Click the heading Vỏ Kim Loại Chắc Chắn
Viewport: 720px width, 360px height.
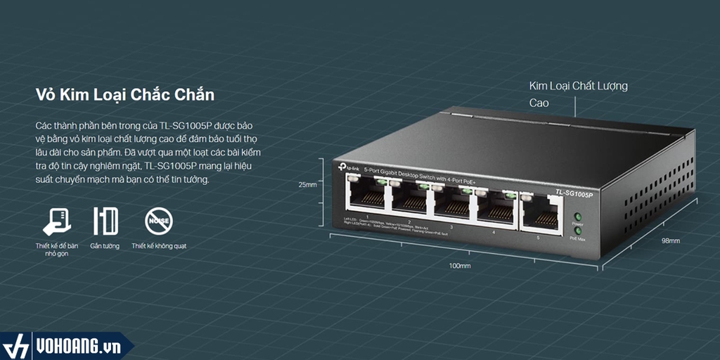click(124, 94)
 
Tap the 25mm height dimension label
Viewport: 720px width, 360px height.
click(307, 185)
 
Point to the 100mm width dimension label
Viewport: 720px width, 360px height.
click(460, 266)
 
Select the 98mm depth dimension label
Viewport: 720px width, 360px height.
click(670, 240)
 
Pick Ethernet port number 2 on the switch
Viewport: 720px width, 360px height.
click(410, 198)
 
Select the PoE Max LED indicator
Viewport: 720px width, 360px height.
click(578, 230)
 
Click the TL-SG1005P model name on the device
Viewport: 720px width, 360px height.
click(574, 193)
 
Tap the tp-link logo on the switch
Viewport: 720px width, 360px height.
click(349, 167)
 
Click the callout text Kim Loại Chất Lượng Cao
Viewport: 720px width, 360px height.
click(578, 94)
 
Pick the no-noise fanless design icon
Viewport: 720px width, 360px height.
click(158, 221)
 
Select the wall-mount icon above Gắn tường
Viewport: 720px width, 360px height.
click(105, 221)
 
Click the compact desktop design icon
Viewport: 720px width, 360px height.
click(56, 221)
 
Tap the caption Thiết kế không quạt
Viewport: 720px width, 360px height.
click(158, 246)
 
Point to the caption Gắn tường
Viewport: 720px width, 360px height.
click(105, 246)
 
